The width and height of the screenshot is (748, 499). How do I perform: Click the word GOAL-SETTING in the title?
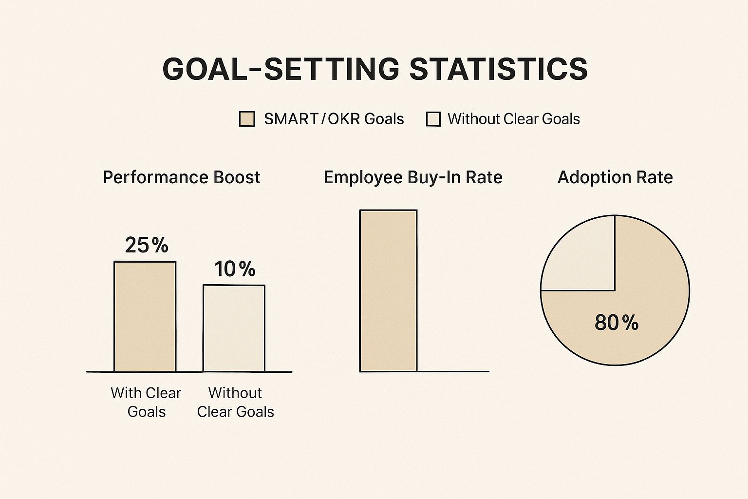[281, 69]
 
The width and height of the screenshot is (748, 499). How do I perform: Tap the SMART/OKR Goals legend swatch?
[247, 119]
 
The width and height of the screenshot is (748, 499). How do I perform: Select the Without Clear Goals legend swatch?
[433, 119]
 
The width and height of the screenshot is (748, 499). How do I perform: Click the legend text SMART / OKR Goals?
[334, 119]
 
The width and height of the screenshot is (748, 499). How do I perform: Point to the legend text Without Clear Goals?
[514, 119]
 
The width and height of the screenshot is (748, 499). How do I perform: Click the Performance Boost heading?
[181, 177]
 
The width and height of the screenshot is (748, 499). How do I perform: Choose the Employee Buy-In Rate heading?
[412, 177]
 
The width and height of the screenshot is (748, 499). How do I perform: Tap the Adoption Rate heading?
[615, 177]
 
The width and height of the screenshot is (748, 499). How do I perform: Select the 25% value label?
[146, 245]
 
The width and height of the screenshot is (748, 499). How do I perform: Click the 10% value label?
[234, 269]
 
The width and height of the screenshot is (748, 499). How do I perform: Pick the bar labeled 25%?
[145, 317]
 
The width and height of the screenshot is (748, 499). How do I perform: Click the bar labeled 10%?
[234, 328]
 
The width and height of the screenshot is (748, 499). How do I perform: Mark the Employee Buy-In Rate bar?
[388, 291]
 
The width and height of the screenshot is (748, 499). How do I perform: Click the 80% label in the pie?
[616, 323]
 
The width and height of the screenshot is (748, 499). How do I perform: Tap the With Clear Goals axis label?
[146, 402]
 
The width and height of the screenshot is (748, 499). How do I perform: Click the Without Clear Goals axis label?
[235, 402]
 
